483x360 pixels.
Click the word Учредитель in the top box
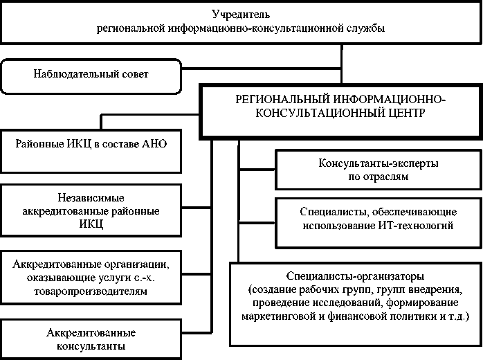pyautogui.click(x=241, y=14)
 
